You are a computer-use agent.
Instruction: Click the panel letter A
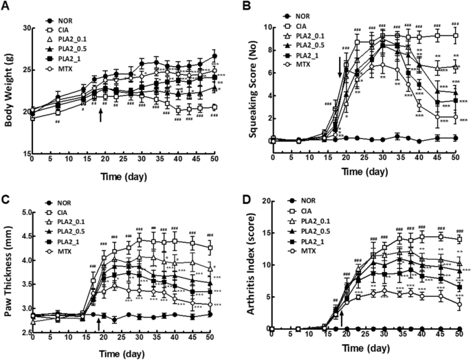point(6,6)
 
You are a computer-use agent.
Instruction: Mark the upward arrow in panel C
point(101,321)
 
